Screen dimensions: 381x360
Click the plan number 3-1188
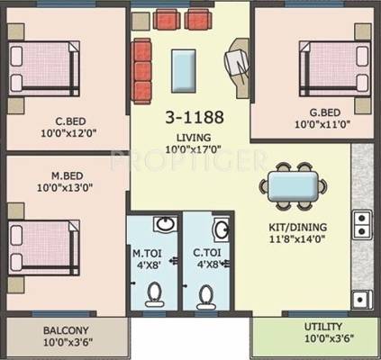[195, 117]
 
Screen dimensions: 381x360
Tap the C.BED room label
[71, 121]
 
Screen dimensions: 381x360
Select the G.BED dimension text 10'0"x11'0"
[322, 124]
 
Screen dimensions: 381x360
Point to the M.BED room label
[68, 175]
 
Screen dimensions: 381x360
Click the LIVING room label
[194, 138]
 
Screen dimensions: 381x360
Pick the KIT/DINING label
[298, 227]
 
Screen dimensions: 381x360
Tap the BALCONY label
[66, 330]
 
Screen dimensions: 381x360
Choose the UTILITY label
[323, 327]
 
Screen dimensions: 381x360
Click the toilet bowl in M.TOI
[155, 294]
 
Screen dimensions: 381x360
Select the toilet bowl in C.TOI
[205, 297]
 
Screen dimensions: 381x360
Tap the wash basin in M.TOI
[165, 224]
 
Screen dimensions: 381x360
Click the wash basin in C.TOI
[221, 229]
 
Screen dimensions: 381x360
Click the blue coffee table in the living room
[184, 71]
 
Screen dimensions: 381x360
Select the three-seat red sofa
[141, 71]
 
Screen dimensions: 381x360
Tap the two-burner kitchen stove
[362, 225]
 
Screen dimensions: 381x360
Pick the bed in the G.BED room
[335, 68]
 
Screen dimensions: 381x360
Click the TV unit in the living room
[239, 68]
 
